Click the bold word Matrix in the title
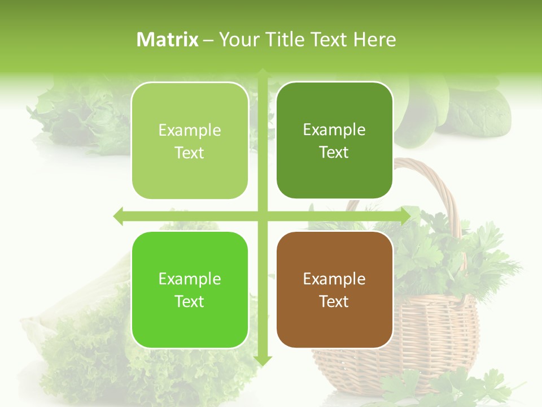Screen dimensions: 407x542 click(x=168, y=40)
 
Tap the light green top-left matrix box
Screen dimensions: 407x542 click(x=190, y=107)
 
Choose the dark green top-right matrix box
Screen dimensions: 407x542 click(x=334, y=107)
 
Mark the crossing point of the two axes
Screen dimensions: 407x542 click(x=263, y=216)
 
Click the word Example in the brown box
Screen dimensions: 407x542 click(x=334, y=279)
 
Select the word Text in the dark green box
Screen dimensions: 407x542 click(x=334, y=153)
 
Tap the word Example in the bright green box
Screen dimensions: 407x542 click(x=190, y=279)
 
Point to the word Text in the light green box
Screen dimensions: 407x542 click(x=190, y=153)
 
